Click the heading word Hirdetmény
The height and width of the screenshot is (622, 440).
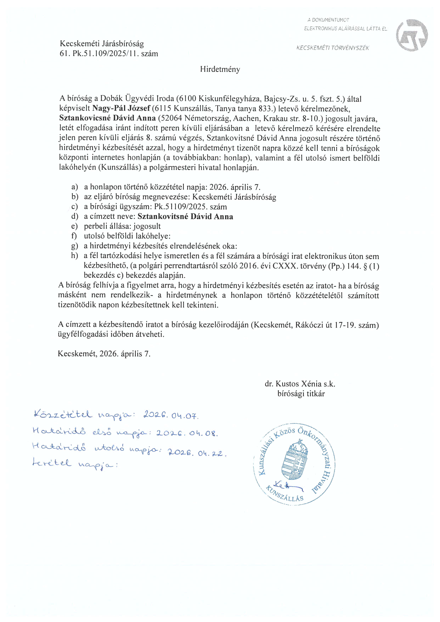(x=220, y=69)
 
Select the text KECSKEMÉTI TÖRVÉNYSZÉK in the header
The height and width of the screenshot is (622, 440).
(x=333, y=48)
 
